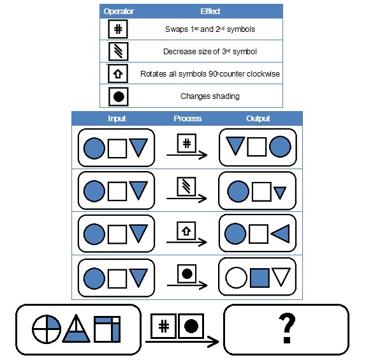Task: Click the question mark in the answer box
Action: (x=287, y=328)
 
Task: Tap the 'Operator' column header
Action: (x=119, y=11)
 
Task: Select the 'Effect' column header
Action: (x=210, y=11)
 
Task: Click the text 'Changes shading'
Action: (x=210, y=96)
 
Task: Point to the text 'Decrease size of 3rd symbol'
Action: (x=210, y=52)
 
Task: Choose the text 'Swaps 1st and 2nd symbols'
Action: (x=210, y=29)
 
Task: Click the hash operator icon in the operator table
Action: (x=118, y=29)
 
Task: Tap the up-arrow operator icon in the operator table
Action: (x=118, y=74)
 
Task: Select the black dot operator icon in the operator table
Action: (x=119, y=96)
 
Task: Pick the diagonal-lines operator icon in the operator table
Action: (x=119, y=52)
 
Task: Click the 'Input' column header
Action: (x=117, y=119)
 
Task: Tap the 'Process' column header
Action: (x=187, y=119)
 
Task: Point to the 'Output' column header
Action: (x=258, y=119)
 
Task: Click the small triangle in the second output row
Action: (x=280, y=192)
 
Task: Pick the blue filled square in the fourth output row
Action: (x=260, y=278)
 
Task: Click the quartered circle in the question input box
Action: (x=47, y=329)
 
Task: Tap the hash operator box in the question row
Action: (x=164, y=326)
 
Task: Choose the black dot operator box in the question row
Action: (x=191, y=326)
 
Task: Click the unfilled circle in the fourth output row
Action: (x=236, y=278)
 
